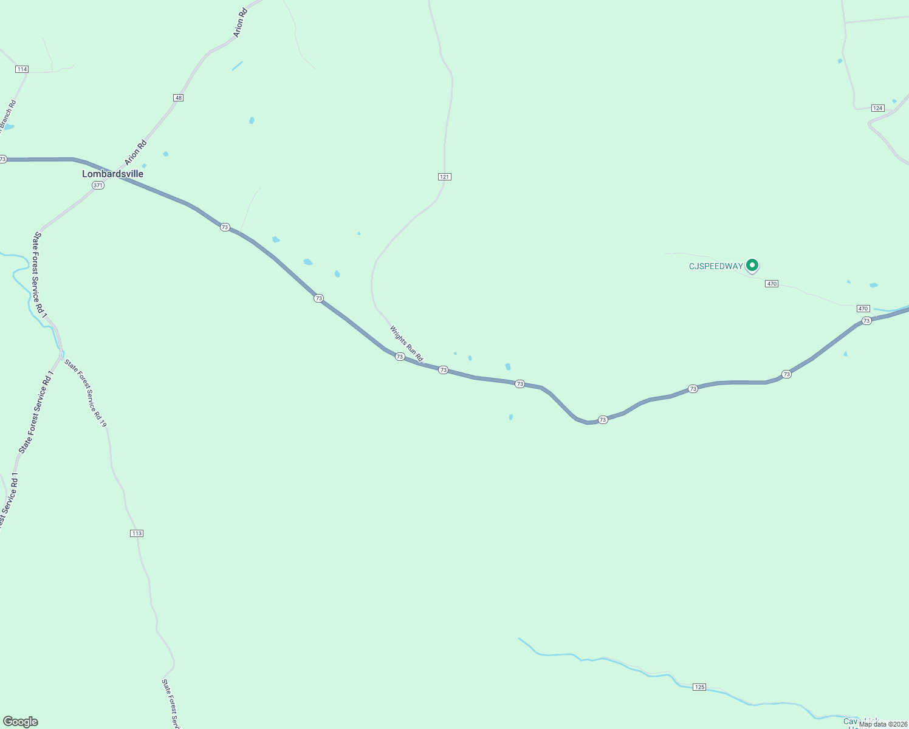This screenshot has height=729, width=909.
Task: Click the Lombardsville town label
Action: pos(112,174)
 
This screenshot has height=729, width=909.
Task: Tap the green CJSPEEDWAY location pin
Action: pos(752,265)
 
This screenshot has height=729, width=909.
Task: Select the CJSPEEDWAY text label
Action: pos(715,266)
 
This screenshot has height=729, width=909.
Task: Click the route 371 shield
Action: pos(98,185)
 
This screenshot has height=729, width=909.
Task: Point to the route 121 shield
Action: pos(444,177)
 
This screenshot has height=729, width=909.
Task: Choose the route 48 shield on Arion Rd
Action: pos(178,98)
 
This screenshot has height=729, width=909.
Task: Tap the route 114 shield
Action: pos(22,69)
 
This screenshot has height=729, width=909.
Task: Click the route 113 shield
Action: pos(136,533)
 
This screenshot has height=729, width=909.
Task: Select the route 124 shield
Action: pos(877,108)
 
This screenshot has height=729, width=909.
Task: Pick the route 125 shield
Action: pos(699,687)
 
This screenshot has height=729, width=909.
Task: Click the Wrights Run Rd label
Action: pos(406,344)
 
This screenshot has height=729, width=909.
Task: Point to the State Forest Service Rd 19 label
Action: pos(86,393)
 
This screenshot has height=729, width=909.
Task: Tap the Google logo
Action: pos(21,722)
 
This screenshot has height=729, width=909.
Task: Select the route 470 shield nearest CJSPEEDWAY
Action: pos(772,284)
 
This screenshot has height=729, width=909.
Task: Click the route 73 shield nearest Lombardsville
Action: pos(225,227)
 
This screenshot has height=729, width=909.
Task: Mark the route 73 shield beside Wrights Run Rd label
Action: pos(400,357)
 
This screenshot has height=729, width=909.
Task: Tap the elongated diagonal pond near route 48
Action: pos(237,66)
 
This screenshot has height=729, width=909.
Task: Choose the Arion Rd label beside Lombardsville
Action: pos(135,152)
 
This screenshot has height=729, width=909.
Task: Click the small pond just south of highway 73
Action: pos(511,417)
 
